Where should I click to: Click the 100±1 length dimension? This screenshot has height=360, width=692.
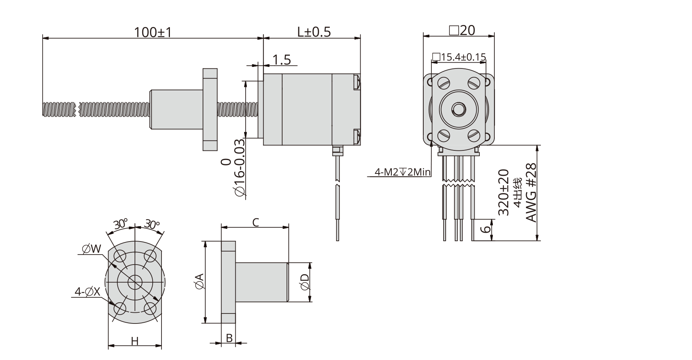coord(152,32)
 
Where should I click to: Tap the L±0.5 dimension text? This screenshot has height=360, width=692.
coord(314,32)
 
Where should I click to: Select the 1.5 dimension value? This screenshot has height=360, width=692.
coord(281,60)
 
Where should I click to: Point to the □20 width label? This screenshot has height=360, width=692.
coord(462,30)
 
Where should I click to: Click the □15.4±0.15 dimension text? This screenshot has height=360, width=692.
coord(459,57)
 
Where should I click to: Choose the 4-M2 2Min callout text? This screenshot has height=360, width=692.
coord(402,172)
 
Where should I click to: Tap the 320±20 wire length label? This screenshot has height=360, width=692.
coord(503,192)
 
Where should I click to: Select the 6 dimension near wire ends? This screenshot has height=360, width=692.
coord(486,229)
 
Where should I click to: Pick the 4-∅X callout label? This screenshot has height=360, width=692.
coord(87,292)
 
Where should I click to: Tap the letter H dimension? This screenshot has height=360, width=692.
coord(135,341)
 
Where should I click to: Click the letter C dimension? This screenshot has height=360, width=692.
coord(255,222)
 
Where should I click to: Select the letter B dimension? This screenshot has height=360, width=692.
coord(229,338)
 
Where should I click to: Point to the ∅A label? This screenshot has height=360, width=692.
coord(199,282)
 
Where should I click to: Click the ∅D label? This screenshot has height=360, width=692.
coord(304,282)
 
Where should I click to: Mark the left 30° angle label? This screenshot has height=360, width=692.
coord(120,224)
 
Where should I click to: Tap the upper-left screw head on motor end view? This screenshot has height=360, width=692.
coord(444,83)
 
